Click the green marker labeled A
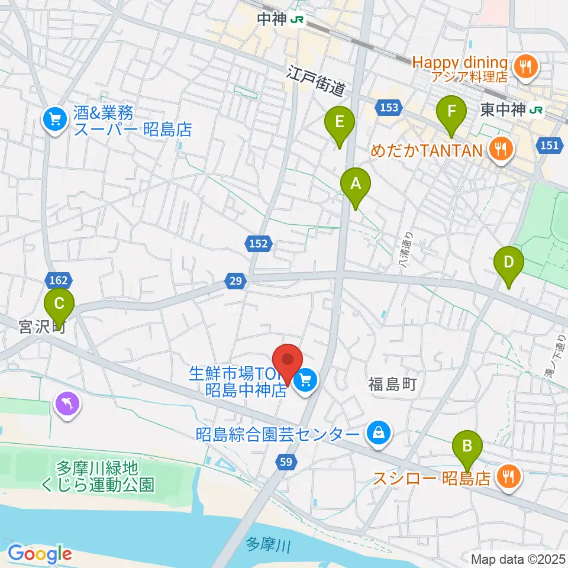[355, 185]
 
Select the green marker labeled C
[59, 305]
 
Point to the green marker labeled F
[451, 112]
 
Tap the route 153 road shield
[388, 107]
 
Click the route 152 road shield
[258, 243]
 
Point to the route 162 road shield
[58, 279]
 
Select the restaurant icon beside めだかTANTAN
[501, 150]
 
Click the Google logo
[40, 554]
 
